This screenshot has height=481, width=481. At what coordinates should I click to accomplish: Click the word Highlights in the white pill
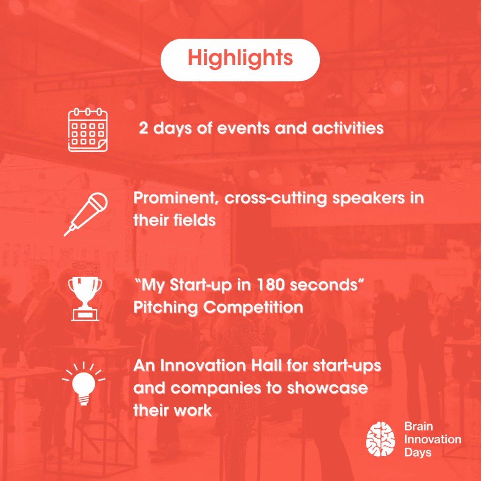pos(240,58)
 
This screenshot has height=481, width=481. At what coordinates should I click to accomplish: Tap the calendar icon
pos(88,130)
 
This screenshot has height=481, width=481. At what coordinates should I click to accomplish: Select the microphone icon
pos(86,214)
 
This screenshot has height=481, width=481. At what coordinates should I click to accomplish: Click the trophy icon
pos(85,299)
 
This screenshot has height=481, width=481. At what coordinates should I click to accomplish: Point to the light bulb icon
pos(84,384)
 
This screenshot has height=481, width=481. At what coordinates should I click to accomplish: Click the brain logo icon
pos(380,439)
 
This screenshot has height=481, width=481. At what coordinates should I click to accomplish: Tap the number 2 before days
pos(144,128)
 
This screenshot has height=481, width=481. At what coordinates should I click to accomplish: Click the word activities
pos(348,128)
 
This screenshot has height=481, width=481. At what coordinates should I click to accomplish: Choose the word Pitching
pos(165,308)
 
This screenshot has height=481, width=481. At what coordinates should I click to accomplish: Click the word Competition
pos(253,307)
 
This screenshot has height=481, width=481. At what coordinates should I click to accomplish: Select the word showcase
pos(327,388)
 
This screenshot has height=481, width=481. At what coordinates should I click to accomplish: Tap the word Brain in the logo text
pos(419,427)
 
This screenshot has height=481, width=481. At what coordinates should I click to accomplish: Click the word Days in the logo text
pos(418,453)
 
